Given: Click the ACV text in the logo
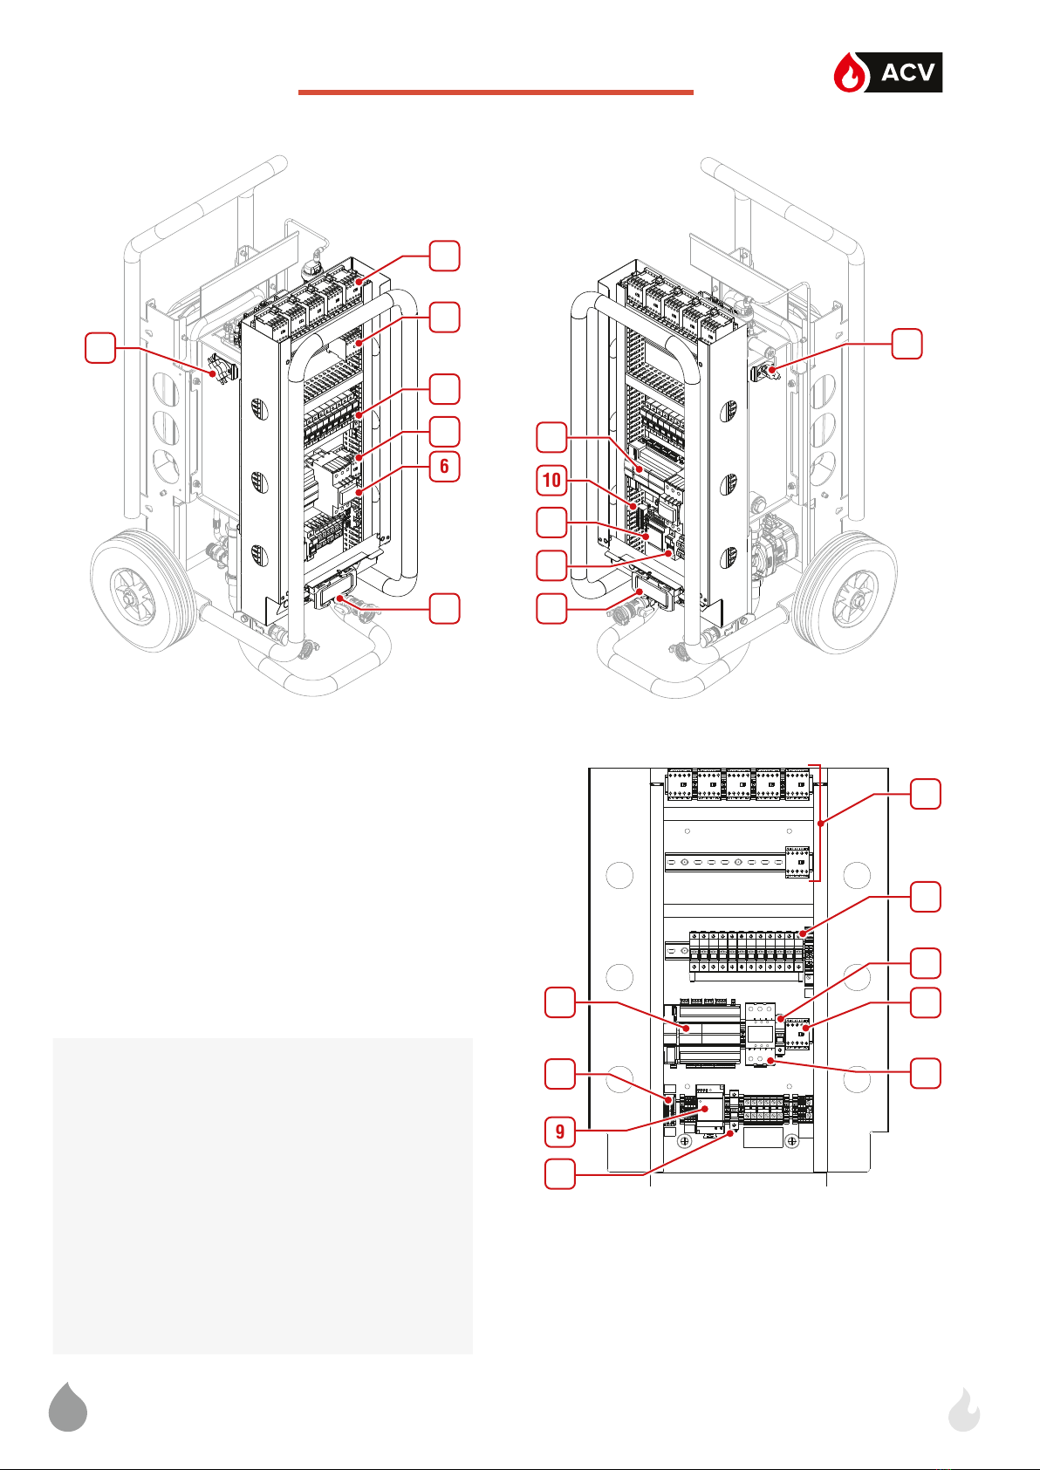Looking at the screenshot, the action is point(907,72).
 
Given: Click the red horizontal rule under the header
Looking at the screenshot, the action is point(496,92).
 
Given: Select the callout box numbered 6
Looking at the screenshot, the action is point(444,466).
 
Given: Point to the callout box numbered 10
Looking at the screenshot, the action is point(551,480).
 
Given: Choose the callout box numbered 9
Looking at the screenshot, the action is point(559,1132).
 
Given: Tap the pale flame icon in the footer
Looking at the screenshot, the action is point(964,1409).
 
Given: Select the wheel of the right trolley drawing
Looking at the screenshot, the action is point(845,594).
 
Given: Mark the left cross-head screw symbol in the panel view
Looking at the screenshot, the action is point(685,1141).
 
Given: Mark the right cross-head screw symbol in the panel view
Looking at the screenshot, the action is point(792,1141).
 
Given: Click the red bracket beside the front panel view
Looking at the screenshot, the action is point(818,823).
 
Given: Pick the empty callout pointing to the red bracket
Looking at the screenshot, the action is point(925,794).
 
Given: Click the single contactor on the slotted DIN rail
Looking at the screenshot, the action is point(797,862).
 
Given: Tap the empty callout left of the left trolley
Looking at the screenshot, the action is point(100,348).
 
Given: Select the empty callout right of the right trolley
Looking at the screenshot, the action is point(907,344).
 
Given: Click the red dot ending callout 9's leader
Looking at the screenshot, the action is point(705,1109).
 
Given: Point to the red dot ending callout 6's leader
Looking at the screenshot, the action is point(359,491).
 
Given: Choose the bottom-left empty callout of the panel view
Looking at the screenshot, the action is point(559,1174).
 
